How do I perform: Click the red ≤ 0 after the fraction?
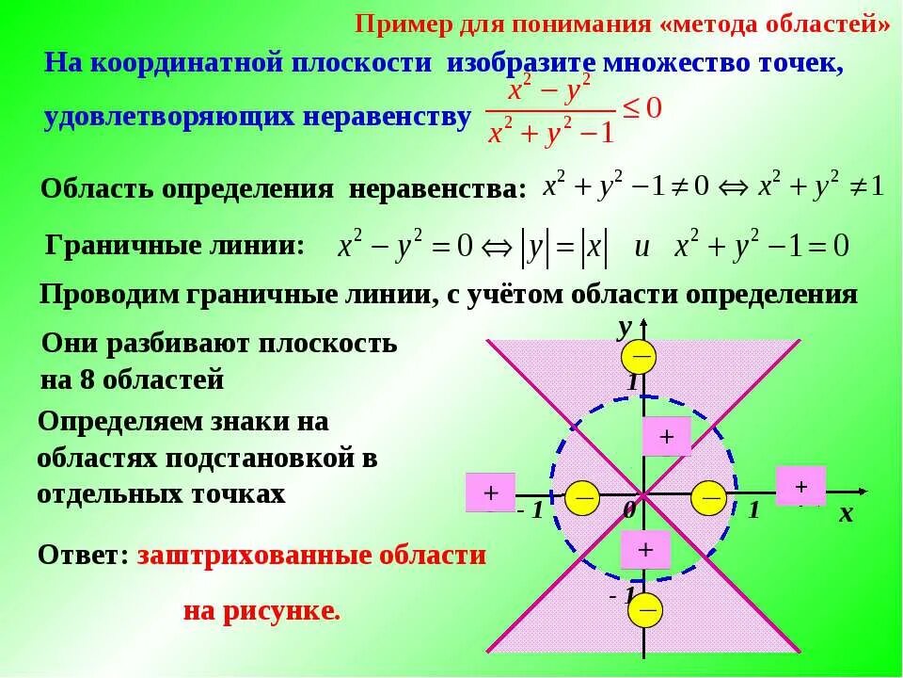click(x=642, y=108)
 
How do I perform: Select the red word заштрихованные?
click(x=258, y=555)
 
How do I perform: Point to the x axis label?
click(x=845, y=514)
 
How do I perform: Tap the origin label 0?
click(x=628, y=510)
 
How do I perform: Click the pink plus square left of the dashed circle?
click(x=491, y=493)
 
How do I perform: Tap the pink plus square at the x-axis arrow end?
click(x=800, y=486)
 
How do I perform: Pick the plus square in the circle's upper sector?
click(x=667, y=437)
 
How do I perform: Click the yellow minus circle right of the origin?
click(x=709, y=496)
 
